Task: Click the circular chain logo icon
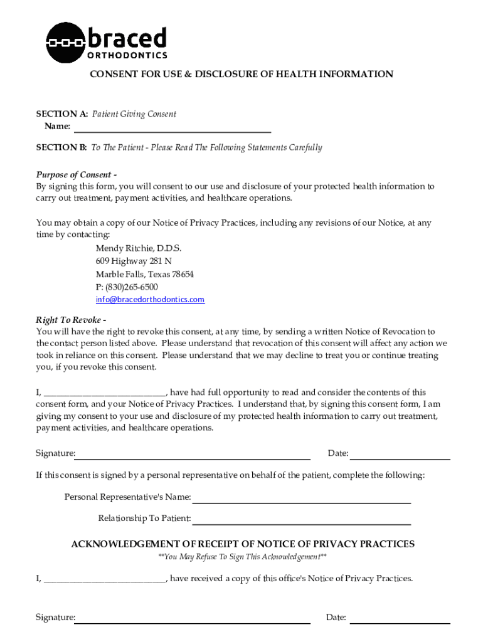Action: (65, 43)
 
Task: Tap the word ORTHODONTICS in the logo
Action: (126, 55)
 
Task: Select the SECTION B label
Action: (61, 148)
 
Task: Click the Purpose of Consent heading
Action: (76, 175)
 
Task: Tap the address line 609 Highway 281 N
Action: (134, 261)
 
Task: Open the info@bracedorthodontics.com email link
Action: (150, 300)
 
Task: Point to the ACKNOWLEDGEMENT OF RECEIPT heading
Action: (242, 544)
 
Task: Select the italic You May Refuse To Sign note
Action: (242, 557)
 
